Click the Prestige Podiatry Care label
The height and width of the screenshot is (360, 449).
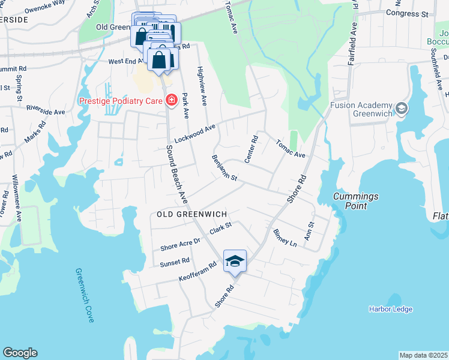(x=121, y=100)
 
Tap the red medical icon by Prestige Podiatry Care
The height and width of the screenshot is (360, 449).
(x=171, y=100)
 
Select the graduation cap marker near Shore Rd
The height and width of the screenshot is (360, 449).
(x=235, y=261)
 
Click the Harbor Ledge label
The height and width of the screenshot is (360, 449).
(x=390, y=309)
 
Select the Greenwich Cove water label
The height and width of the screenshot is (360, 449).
(x=85, y=295)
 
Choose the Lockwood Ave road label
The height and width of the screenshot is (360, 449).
(x=194, y=134)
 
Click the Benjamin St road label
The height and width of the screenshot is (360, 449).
(x=225, y=168)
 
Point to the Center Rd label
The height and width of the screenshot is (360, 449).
(x=252, y=149)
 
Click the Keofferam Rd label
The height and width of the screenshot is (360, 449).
(x=197, y=272)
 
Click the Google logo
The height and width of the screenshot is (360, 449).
(x=20, y=353)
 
